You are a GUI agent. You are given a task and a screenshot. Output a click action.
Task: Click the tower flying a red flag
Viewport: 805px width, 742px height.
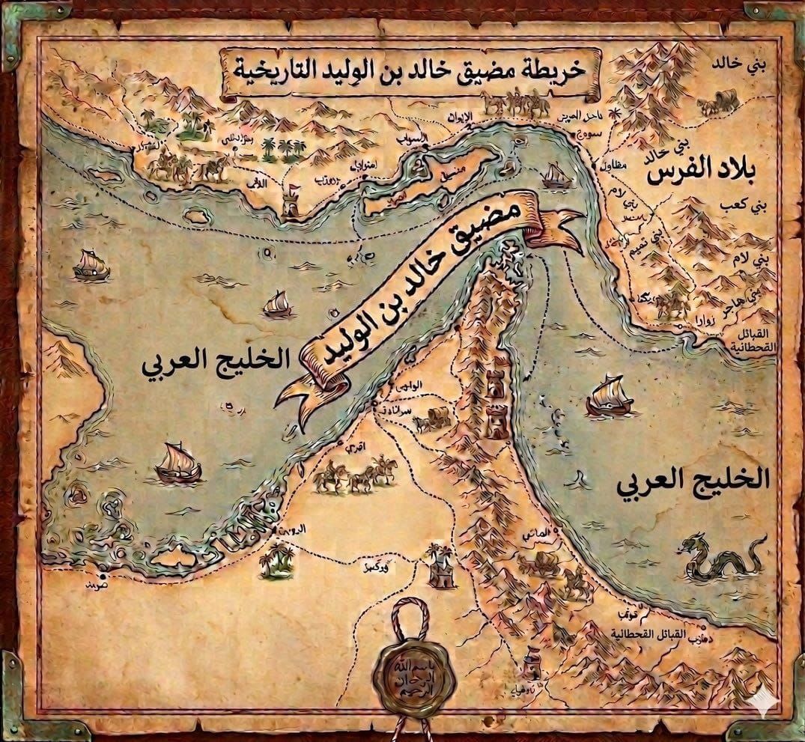(291, 201)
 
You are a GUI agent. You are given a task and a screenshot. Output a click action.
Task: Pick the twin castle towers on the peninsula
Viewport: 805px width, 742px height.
(496, 404)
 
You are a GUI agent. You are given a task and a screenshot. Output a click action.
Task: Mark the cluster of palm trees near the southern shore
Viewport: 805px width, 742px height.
(278, 560)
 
